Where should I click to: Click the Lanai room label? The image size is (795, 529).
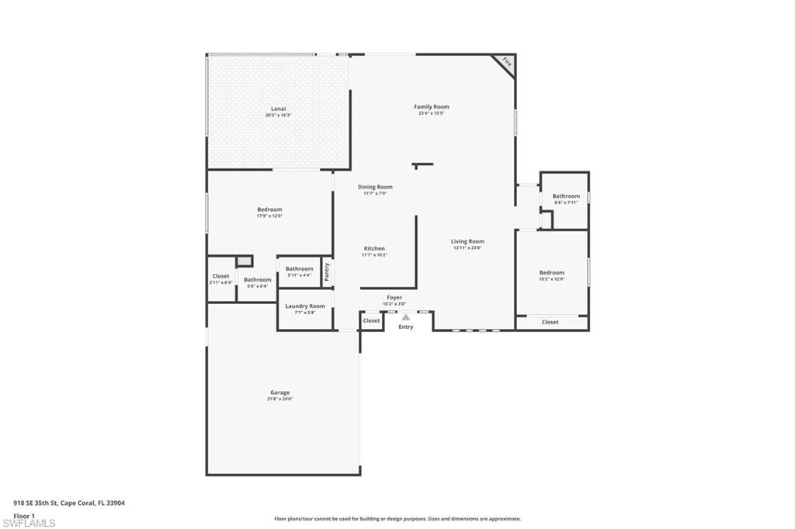coord(277,109)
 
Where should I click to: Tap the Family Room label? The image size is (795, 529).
coord(431,107)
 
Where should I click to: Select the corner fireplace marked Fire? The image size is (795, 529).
coord(506,62)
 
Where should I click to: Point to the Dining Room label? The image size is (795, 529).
coord(375,187)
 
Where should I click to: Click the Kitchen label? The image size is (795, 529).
coord(374,249)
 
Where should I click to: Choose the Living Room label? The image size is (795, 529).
coord(467,241)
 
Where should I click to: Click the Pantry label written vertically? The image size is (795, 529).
coord(328,272)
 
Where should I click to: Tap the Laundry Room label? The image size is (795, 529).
coord(305,306)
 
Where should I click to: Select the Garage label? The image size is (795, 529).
coord(279,392)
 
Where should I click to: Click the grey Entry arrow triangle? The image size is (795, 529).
coord(405,316)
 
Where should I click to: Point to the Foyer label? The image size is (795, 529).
coord(394,298)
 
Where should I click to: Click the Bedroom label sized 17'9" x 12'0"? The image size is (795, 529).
coord(269,209)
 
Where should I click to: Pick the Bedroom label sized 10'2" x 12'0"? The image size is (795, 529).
coord(552,273)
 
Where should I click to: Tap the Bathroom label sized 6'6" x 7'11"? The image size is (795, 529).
coord(566,196)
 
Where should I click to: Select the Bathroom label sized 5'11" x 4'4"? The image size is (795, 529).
coord(299,269)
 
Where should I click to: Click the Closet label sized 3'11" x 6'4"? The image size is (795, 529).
coord(220,276)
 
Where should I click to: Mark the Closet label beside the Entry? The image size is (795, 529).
coord(371,320)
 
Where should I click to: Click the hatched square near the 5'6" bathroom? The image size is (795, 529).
coord(245,261)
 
